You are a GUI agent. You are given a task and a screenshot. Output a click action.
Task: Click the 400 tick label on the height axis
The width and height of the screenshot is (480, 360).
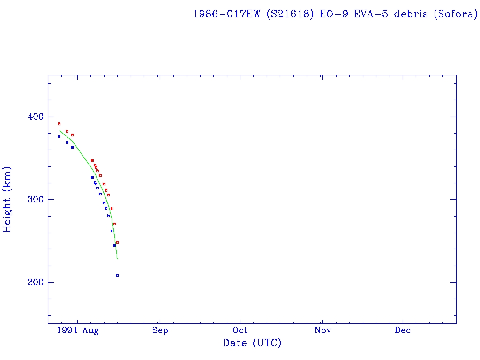click(33, 117)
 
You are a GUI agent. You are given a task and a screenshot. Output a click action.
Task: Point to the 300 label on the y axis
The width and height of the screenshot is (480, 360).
click(33, 199)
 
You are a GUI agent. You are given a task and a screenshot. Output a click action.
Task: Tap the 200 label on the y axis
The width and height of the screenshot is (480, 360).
click(33, 282)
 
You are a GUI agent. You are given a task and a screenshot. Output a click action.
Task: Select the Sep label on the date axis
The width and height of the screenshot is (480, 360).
click(160, 330)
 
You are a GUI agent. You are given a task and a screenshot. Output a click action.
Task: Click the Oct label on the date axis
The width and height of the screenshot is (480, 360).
click(240, 330)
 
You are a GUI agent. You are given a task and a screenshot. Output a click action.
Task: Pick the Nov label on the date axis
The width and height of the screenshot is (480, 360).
click(322, 330)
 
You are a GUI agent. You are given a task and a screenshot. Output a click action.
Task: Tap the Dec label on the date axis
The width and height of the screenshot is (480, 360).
click(403, 330)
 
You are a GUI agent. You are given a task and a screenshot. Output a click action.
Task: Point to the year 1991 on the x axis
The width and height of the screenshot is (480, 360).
click(67, 330)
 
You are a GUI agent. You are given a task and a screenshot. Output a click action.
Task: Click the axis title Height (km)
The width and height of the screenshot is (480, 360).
click(7, 199)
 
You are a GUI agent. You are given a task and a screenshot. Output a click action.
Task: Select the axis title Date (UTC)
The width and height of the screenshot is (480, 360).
click(252, 344)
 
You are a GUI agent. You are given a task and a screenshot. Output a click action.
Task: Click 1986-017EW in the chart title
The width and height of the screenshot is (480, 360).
click(227, 14)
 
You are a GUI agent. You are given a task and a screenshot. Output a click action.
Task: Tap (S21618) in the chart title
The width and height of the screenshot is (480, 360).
click(290, 14)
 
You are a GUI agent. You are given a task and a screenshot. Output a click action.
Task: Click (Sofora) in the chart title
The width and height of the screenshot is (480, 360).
click(455, 14)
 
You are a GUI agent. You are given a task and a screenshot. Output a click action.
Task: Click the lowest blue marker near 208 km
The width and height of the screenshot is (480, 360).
click(117, 275)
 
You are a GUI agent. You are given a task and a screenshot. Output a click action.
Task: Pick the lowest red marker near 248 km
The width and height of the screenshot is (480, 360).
click(117, 242)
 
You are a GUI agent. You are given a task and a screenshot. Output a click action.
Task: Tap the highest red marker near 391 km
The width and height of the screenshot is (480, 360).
click(59, 124)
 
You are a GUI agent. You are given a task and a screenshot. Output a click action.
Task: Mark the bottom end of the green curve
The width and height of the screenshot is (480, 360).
click(117, 259)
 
